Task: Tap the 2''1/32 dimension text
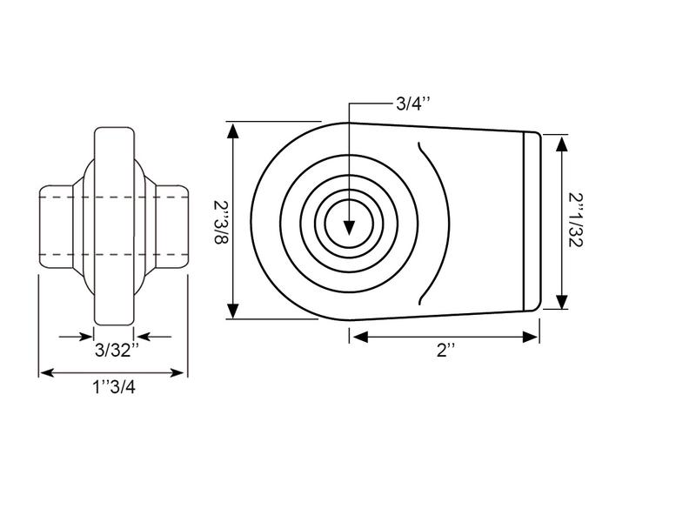[x=576, y=222]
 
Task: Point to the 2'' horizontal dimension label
[x=446, y=351]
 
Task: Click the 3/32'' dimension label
[x=115, y=351]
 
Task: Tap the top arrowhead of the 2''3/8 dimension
[x=233, y=130]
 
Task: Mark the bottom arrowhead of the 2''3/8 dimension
[x=233, y=311]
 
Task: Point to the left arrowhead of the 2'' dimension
[x=358, y=337]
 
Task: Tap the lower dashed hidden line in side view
[x=113, y=254]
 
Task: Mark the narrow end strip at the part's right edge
[x=532, y=221]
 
